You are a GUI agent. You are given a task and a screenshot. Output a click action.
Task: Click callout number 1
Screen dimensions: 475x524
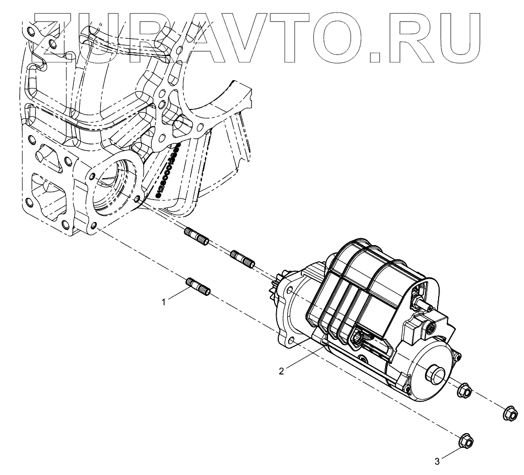point(164,302)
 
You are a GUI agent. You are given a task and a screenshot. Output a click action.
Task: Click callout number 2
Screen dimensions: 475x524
point(281,371)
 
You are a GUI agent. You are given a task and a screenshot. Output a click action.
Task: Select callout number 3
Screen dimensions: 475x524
point(438,461)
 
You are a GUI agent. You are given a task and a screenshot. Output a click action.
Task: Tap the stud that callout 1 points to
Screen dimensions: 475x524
point(199,288)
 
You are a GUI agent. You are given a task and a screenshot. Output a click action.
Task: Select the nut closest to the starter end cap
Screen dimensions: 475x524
point(464,390)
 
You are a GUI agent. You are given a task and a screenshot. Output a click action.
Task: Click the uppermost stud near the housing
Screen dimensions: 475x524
point(197,236)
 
